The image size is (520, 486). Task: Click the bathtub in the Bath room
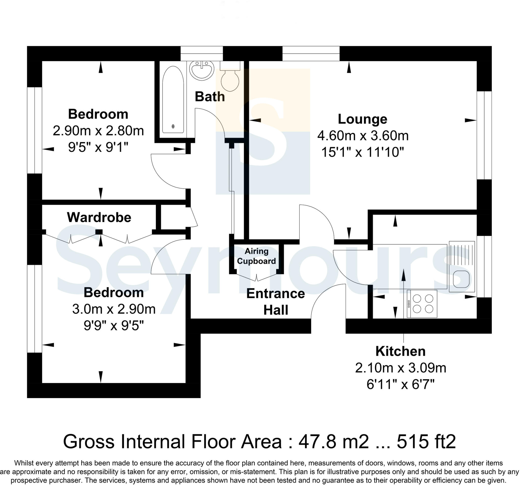tap(173, 99)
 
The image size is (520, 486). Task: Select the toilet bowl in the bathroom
tap(230, 81)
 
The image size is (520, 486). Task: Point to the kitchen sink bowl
tap(461, 279)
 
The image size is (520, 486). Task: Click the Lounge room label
tap(362, 119)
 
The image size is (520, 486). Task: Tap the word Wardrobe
tap(99, 217)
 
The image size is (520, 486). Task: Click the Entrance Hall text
tap(275, 302)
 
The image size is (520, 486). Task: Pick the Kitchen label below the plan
tap(400, 351)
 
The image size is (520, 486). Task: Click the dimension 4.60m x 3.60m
tap(363, 136)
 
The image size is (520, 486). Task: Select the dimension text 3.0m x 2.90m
tap(114, 309)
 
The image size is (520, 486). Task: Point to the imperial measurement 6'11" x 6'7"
tap(400, 384)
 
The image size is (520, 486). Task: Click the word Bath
tap(210, 97)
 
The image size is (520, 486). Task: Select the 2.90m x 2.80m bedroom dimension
tap(98, 131)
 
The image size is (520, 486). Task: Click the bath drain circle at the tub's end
tap(173, 127)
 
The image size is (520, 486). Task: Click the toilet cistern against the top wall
tap(230, 66)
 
